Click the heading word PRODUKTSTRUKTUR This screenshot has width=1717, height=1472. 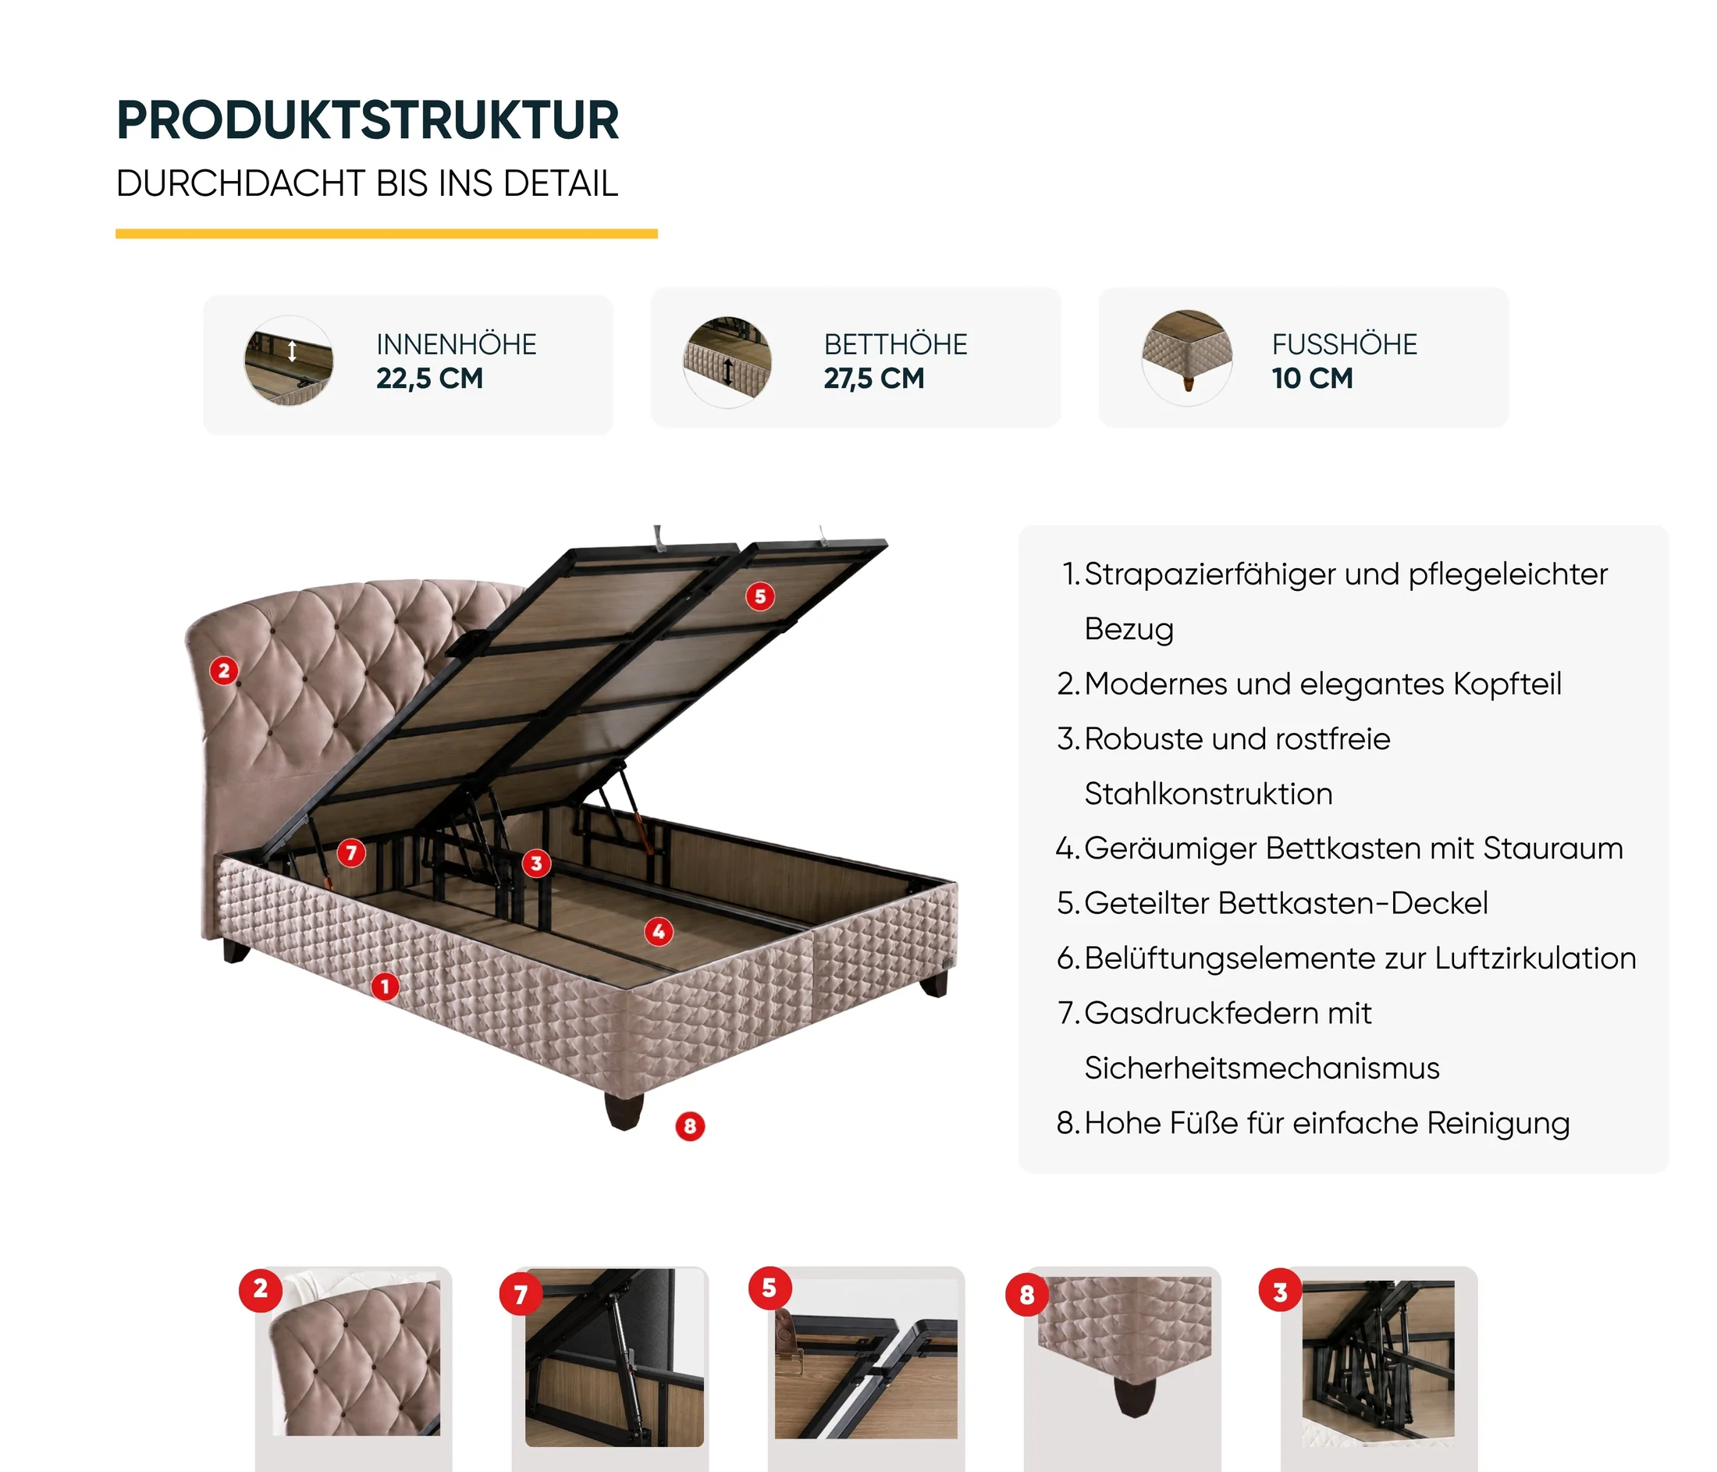(x=368, y=120)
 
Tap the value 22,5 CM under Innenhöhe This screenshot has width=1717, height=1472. (x=429, y=379)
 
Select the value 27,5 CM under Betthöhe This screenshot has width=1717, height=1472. (x=873, y=379)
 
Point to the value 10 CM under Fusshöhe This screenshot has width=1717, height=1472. (x=1312, y=379)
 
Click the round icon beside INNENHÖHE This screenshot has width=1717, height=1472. (x=288, y=361)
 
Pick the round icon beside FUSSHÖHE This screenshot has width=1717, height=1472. (x=1186, y=358)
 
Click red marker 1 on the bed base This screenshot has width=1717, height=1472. (x=385, y=987)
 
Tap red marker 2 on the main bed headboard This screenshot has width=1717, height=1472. (x=224, y=670)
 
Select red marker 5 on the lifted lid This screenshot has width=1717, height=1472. (x=760, y=596)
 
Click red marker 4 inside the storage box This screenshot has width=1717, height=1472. (x=659, y=932)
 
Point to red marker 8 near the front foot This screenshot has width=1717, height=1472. (x=689, y=1126)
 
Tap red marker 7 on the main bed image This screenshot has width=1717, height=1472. (x=351, y=852)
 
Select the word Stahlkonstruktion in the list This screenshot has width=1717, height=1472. (x=1208, y=794)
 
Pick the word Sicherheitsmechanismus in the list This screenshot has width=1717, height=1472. (x=1262, y=1068)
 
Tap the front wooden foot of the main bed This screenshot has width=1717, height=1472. (x=624, y=1111)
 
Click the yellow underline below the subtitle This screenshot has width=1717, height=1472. (x=386, y=233)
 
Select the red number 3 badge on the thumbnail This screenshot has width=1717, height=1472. (x=1280, y=1290)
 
